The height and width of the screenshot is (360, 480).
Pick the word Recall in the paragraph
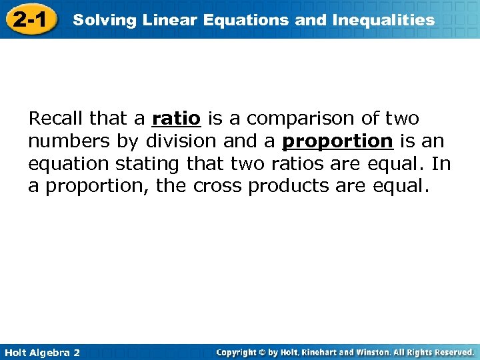pyautogui.click(x=56, y=119)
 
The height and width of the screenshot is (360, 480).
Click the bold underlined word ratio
pyautogui.click(x=176, y=119)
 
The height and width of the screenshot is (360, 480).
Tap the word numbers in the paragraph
pyautogui.click(x=63, y=142)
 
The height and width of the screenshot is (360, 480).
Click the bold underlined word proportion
pyautogui.click(x=337, y=142)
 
